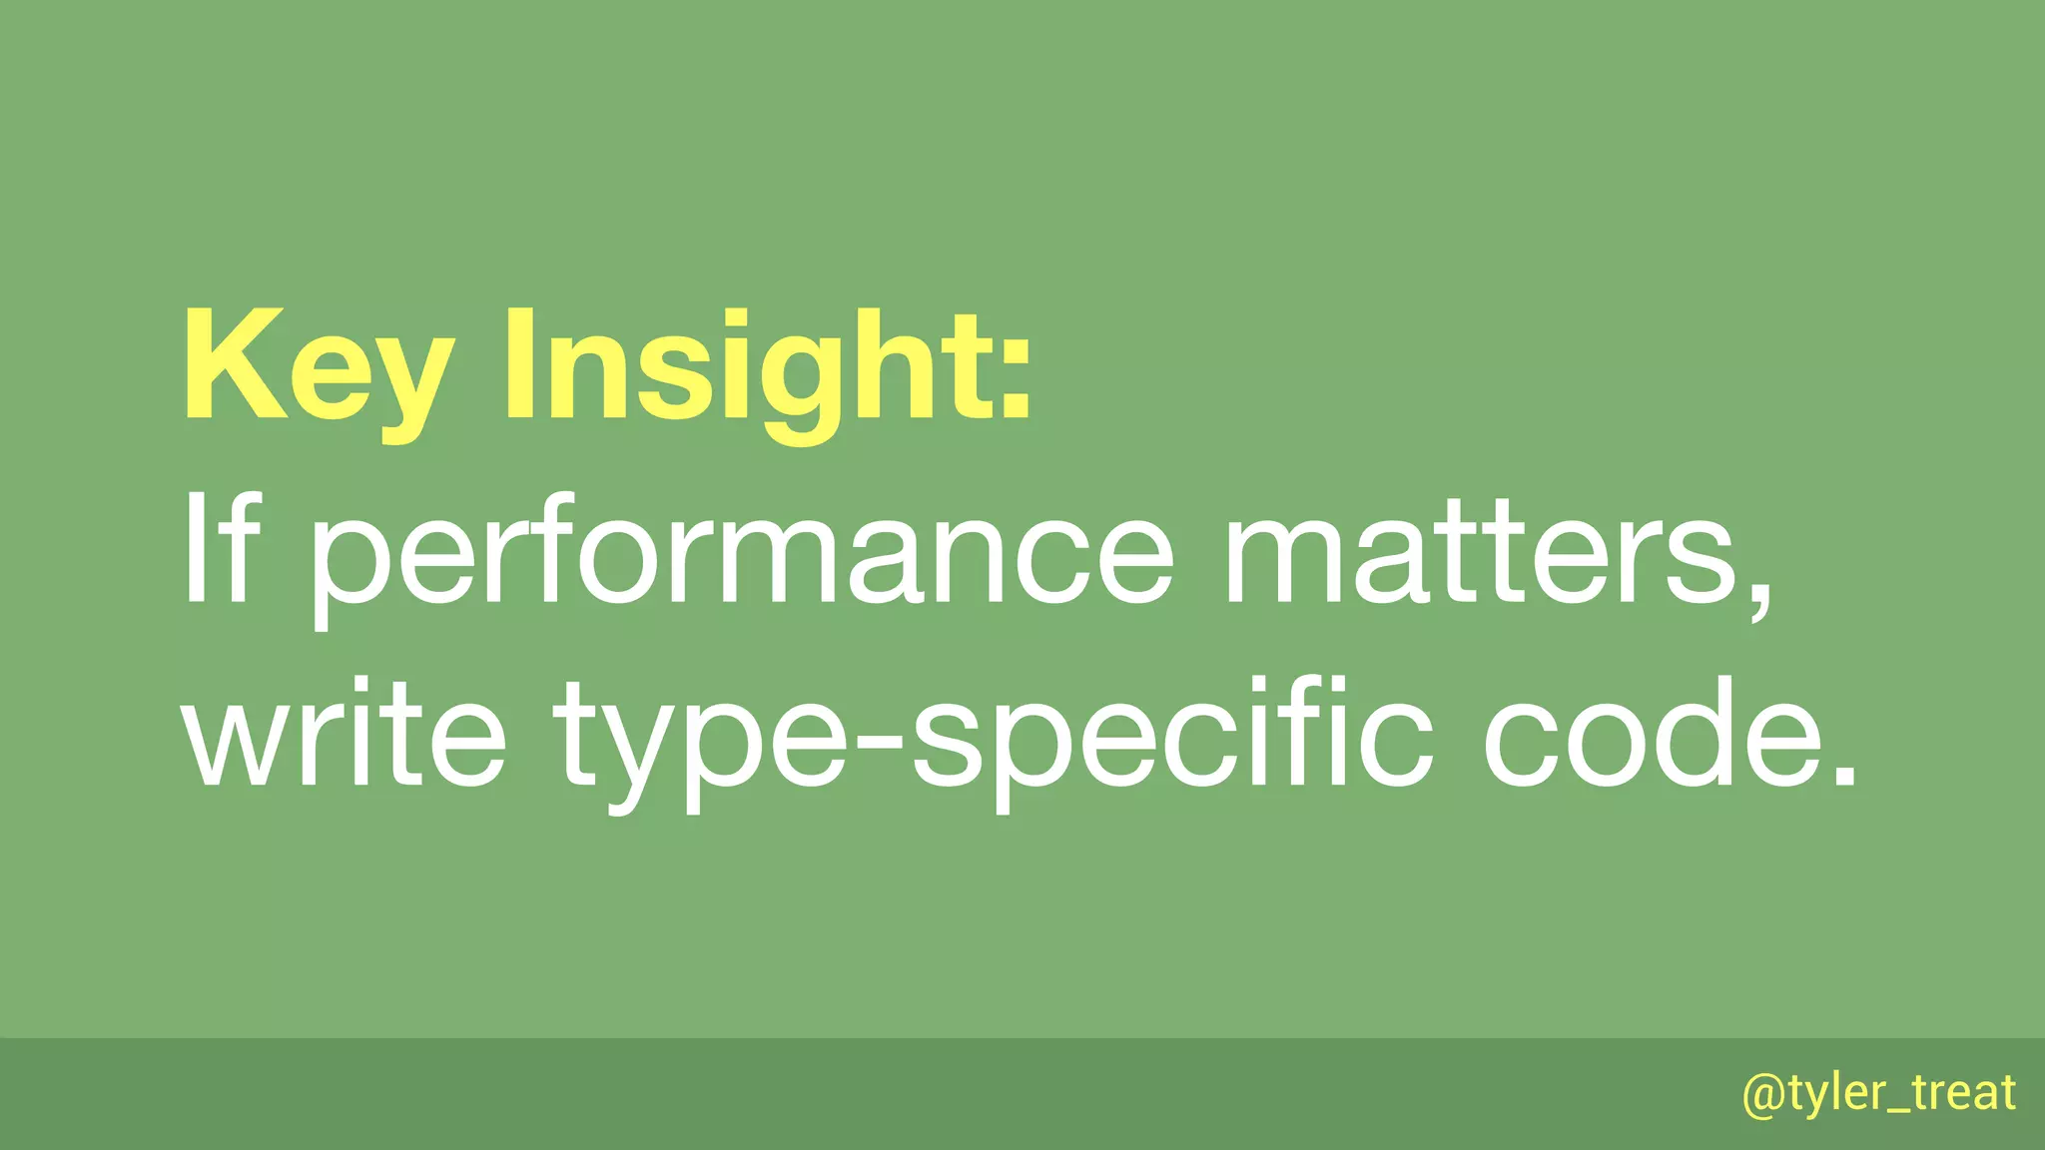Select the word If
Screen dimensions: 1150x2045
(221, 550)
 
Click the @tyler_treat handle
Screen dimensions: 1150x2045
(1878, 1093)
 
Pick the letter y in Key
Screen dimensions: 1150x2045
(408, 384)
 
